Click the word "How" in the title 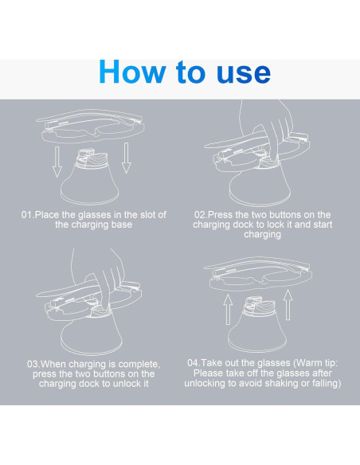click(x=132, y=72)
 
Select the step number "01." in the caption click(x=28, y=215)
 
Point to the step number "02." click(x=202, y=215)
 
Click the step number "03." click(x=33, y=364)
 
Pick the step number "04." click(x=194, y=363)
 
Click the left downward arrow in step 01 click(x=57, y=162)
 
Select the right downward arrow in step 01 click(x=127, y=158)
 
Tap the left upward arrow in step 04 click(x=228, y=309)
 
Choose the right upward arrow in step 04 click(x=288, y=305)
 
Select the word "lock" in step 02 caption click(x=276, y=225)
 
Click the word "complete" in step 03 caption click(x=139, y=365)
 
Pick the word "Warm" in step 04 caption click(x=309, y=363)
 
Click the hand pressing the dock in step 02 click(x=270, y=127)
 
